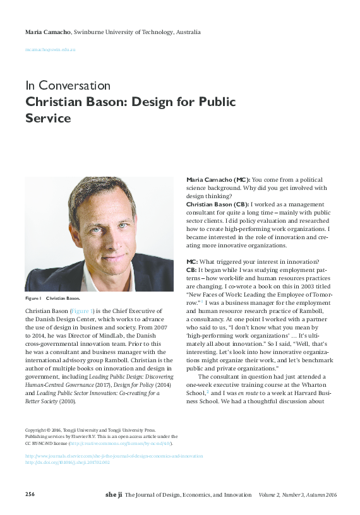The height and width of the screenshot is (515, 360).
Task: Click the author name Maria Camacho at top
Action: (x=48, y=32)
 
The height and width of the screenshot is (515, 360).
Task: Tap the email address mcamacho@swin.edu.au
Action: (x=50, y=49)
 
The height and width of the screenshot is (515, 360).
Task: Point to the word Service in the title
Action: (x=48, y=117)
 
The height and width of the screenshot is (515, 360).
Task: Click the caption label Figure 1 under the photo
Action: (x=33, y=297)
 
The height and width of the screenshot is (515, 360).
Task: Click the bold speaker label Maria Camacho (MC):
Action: (x=219, y=180)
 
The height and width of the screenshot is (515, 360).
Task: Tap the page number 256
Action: (x=30, y=494)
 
